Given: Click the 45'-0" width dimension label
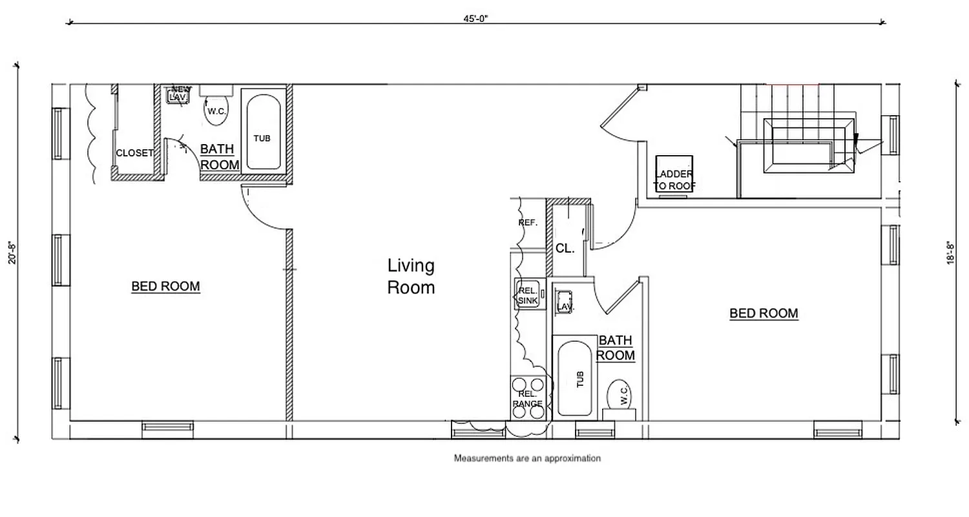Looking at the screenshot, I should coord(475,19).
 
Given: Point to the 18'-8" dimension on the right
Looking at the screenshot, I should coord(951,253).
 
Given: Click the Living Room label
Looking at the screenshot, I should coord(411,276).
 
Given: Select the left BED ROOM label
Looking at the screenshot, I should coord(165,286).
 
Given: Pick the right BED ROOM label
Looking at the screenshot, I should coord(764,313).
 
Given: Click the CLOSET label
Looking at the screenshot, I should coord(134,153).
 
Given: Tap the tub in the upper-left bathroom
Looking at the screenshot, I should coord(262,132).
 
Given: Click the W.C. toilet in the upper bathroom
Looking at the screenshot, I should coord(216,111).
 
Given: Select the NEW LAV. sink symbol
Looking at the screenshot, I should coord(178,94).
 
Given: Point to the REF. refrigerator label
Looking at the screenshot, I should coord(528,223).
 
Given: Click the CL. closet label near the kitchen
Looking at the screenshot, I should coord(565,248).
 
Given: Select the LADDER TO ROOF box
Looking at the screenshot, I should coord(674,174).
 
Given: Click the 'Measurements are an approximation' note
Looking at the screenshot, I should coord(527,458).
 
